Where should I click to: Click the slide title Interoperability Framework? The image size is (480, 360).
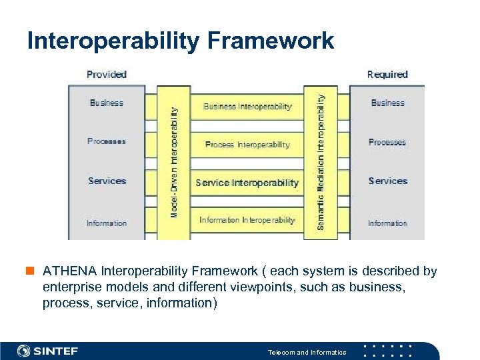[x=180, y=41]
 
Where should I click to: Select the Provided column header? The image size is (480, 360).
[x=107, y=74]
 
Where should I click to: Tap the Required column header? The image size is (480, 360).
[x=387, y=74]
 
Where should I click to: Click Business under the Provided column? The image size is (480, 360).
[x=107, y=103]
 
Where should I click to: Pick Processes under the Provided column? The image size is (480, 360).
[x=107, y=141]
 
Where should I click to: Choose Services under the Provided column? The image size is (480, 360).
[x=107, y=181]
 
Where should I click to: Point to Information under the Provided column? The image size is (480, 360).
[x=107, y=223]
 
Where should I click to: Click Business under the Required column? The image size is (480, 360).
[x=387, y=103]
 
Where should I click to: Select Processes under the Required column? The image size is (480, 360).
[x=387, y=142]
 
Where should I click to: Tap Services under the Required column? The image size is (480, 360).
[x=387, y=181]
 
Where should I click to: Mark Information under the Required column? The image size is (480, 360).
[x=387, y=223]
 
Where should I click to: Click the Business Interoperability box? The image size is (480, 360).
[x=247, y=107]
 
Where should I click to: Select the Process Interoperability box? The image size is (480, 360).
[x=247, y=145]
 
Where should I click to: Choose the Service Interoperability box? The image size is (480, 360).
[x=247, y=183]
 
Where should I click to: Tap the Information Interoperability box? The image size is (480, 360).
[x=247, y=220]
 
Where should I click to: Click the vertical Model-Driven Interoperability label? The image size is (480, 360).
[x=174, y=162]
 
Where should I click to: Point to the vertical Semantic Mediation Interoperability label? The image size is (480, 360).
[x=321, y=162]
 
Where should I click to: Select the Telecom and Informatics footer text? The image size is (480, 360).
[x=307, y=352]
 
